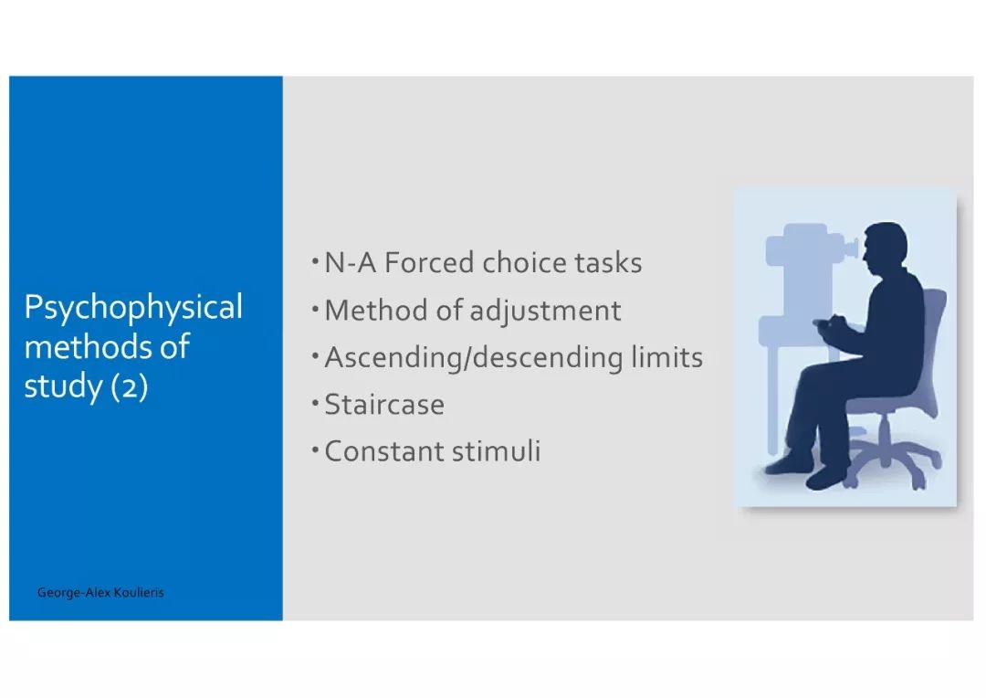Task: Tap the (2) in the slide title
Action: tap(130, 386)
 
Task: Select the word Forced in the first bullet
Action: tap(428, 262)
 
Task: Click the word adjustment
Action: tap(545, 312)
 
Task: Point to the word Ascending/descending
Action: tap(474, 358)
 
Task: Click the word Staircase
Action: tap(384, 405)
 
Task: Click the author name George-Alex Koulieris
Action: tap(100, 592)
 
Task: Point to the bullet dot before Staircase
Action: tap(315, 402)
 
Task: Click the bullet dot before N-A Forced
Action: tap(315, 260)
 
